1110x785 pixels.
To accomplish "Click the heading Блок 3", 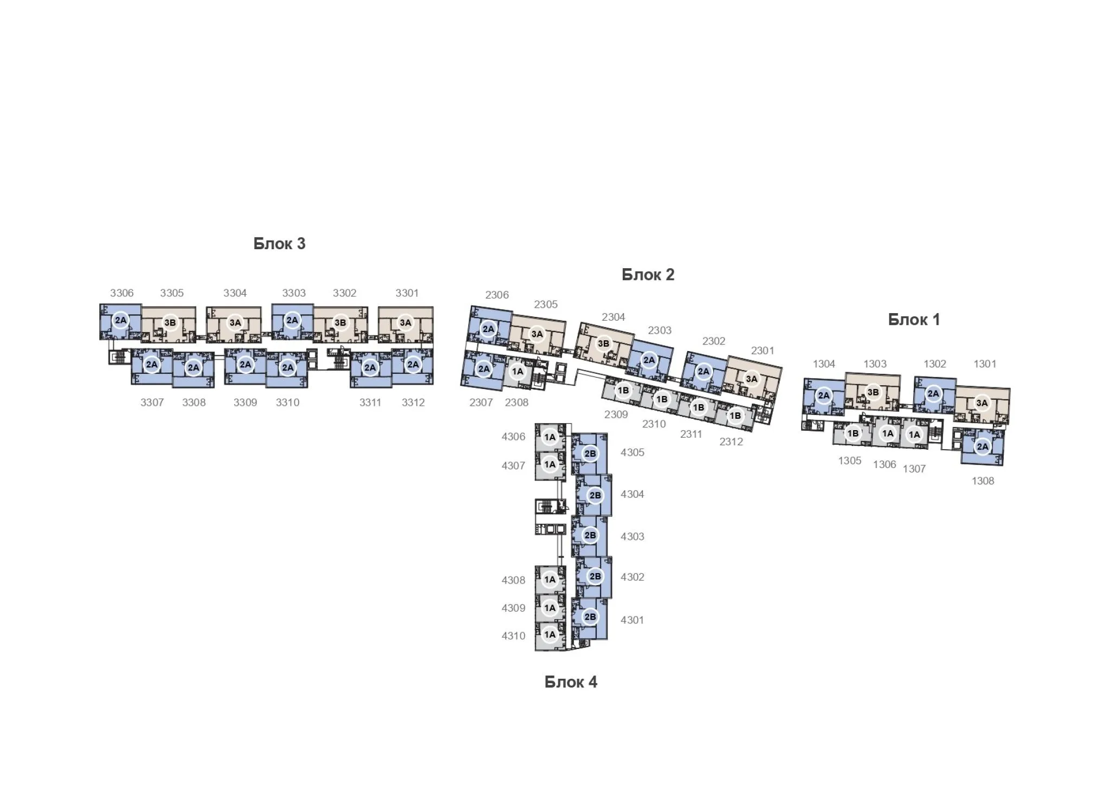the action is click(x=279, y=244).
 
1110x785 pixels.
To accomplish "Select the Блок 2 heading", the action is click(x=648, y=275).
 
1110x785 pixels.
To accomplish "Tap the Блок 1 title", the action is click(x=914, y=320).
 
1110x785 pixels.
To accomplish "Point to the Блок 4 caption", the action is click(x=571, y=682).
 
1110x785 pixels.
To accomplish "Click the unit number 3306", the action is click(x=121, y=293).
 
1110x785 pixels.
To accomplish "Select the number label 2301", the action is click(x=763, y=351).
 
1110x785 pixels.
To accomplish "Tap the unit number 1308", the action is click(x=983, y=481).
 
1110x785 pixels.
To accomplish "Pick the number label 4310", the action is click(x=513, y=635).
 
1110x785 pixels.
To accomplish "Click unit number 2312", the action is click(x=731, y=442).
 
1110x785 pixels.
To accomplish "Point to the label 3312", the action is click(x=413, y=403).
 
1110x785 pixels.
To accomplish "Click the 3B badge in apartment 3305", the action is click(x=170, y=323).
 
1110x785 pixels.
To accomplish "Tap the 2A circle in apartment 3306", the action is click(x=120, y=320).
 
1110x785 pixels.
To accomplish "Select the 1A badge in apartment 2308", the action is click(x=518, y=371).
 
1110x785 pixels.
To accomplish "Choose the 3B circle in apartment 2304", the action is click(x=603, y=343).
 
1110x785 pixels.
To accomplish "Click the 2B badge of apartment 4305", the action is click(x=590, y=453).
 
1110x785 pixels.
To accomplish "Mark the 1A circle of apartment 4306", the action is click(x=550, y=437).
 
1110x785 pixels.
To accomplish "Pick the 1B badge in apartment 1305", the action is click(x=853, y=433).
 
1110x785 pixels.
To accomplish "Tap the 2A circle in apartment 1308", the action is click(x=983, y=447).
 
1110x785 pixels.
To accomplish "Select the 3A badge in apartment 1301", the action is click(x=982, y=403).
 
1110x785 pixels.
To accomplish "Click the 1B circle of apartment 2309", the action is click(x=623, y=390).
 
